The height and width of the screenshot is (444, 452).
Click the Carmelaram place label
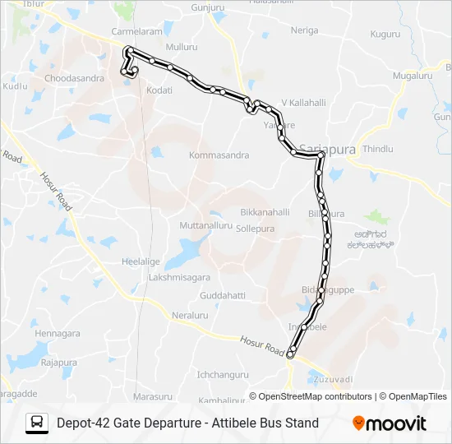point(137,31)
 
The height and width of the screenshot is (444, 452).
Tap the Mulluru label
point(182,48)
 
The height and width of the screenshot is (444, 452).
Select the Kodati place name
point(159,90)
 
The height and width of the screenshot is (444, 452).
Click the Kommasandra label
point(219,155)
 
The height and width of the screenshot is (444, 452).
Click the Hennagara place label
point(58,333)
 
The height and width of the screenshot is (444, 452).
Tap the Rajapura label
point(58,362)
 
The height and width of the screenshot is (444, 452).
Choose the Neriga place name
point(304,30)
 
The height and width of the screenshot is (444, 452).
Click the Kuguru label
point(385,35)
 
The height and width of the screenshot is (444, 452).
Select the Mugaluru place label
point(413,75)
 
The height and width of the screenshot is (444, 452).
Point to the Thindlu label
point(378,149)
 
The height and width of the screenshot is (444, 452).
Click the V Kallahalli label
point(304,102)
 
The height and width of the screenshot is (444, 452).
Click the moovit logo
point(390,423)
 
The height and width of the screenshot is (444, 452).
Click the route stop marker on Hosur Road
point(290,354)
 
